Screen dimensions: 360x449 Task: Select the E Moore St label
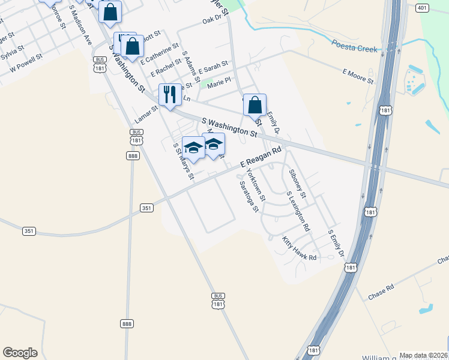(358, 76)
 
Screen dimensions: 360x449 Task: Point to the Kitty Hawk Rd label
(299, 248)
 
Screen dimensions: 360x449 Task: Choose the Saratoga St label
(249, 196)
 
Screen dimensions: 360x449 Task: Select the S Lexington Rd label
(298, 211)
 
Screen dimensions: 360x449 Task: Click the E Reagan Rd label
(261, 158)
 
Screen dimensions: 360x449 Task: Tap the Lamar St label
(146, 110)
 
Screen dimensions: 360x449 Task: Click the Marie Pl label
(218, 86)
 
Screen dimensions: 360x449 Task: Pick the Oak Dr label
(212, 20)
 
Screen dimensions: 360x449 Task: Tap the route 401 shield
(421, 8)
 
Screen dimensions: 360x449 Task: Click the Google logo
(20, 353)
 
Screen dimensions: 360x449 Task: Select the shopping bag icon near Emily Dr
(255, 105)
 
